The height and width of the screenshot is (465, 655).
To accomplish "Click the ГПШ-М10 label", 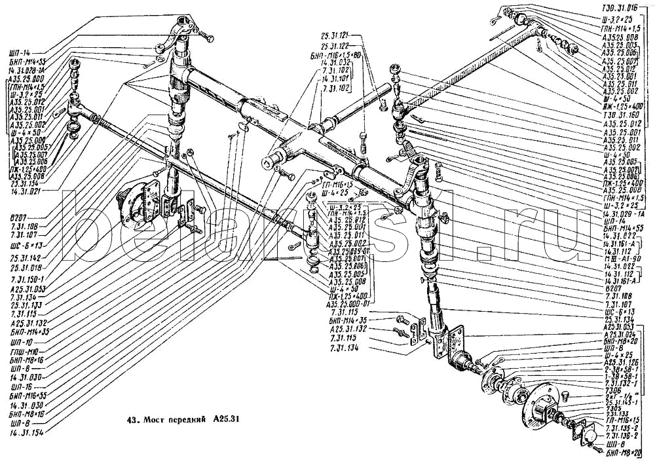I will pyautogui.click(x=22, y=351).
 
